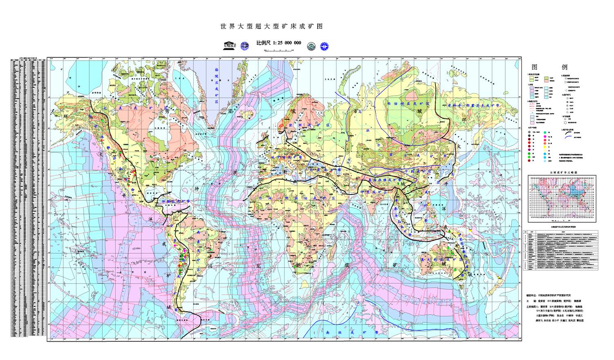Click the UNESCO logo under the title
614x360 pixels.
click(x=230, y=45)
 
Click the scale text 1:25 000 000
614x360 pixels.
click(x=279, y=43)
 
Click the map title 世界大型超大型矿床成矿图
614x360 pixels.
click(x=271, y=27)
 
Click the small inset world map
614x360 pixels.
click(x=562, y=198)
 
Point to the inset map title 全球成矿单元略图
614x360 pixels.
click(x=562, y=173)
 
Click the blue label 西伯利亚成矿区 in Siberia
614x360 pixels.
click(x=408, y=104)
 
